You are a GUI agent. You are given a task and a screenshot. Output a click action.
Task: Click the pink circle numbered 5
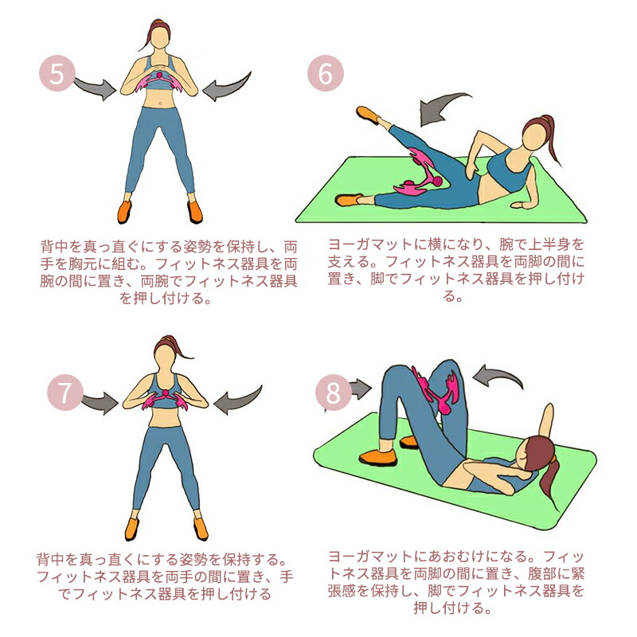click(x=57, y=73)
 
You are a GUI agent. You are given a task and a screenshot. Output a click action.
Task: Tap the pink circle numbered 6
click(x=326, y=73)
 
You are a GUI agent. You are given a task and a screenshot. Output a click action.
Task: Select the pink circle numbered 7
click(x=65, y=393)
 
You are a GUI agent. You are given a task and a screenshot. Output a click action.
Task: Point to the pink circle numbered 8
click(x=333, y=393)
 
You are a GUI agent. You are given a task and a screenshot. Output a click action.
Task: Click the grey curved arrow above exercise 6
click(x=441, y=107)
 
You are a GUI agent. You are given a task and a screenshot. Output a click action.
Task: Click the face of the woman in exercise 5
click(x=160, y=37)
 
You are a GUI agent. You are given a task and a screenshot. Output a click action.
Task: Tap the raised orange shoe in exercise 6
click(x=368, y=114)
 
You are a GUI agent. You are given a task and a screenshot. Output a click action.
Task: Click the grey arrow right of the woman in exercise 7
click(x=237, y=401)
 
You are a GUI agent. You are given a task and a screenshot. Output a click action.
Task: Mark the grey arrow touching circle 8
click(x=361, y=389)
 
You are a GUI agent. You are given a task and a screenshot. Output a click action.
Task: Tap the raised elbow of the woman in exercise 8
click(x=549, y=408)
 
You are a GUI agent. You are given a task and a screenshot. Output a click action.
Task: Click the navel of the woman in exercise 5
click(x=161, y=104)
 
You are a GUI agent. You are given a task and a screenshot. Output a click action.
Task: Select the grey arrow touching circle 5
click(x=96, y=88)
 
